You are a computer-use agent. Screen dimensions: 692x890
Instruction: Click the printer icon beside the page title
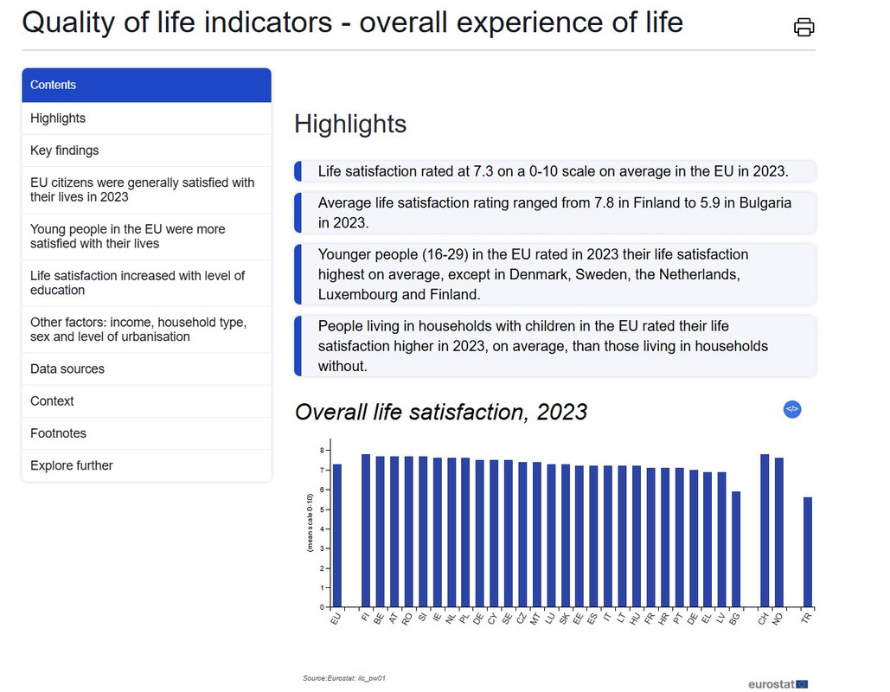[804, 27]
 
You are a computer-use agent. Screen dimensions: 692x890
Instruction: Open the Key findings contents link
[65, 151]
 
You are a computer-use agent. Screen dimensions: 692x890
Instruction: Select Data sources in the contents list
[67, 368]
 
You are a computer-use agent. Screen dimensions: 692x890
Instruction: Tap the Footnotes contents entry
[58, 433]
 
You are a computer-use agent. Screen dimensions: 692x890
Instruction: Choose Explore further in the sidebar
[72, 465]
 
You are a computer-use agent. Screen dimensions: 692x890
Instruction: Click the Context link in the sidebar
[52, 401]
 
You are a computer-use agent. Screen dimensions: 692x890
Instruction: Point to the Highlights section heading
[350, 124]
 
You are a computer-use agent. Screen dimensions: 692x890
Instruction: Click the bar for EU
[337, 535]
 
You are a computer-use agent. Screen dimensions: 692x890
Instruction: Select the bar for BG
[736, 549]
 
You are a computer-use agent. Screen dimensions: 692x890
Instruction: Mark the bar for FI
[366, 530]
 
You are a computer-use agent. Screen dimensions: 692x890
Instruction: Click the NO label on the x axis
[777, 618]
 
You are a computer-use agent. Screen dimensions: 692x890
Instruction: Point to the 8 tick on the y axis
[321, 451]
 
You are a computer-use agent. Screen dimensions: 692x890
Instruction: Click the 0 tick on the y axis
[321, 607]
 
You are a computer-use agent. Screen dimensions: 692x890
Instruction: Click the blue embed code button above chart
[792, 409]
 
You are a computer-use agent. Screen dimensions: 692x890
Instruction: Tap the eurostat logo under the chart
[778, 684]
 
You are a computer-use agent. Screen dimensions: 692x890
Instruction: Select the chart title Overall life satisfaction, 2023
[441, 412]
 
